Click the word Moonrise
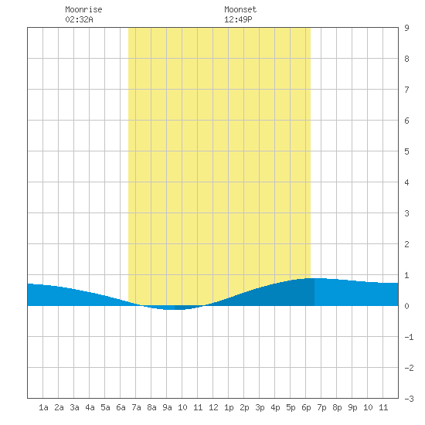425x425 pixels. pos(83,9)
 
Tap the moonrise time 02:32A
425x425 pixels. pos(79,19)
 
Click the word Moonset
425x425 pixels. pos(240,9)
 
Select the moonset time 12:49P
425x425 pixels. pos(238,19)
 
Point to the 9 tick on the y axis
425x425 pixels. pos(406,28)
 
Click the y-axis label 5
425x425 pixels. pos(406,151)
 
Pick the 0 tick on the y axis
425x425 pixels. pos(406,306)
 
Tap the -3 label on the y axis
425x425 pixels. pos(409,399)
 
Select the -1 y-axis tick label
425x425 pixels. pos(409,337)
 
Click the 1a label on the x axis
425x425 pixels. pos(43,407)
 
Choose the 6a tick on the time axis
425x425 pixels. pos(121,407)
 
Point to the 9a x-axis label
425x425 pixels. pos(167,407)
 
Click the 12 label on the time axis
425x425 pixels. pos(213,407)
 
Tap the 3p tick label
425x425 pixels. pos(260,407)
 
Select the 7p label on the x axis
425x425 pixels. pos(321,407)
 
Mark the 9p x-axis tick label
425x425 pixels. pos(352,407)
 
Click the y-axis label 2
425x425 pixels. pos(406,244)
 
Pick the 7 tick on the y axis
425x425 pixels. pos(406,90)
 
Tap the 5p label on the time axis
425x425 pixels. pos(291,407)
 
